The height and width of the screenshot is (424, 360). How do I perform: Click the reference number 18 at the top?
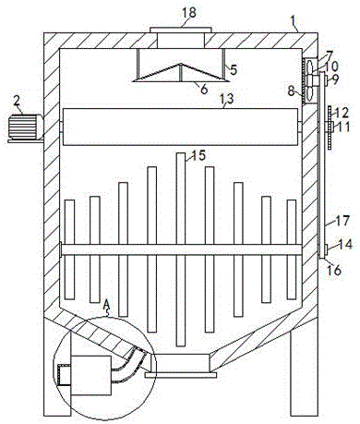189,13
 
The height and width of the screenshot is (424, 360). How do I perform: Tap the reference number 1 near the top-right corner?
294,20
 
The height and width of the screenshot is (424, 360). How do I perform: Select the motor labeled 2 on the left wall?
25,128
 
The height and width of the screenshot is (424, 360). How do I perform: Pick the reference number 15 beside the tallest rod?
198,155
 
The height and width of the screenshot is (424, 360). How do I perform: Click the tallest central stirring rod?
181,249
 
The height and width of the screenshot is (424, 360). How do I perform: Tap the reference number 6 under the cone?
204,90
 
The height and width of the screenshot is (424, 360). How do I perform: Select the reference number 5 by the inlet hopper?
234,70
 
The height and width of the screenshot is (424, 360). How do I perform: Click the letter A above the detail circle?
106,305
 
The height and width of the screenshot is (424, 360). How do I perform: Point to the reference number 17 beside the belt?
342,221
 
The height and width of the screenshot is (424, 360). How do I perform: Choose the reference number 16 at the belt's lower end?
334,271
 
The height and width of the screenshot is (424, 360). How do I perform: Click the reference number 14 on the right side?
344,245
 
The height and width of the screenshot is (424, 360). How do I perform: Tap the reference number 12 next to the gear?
342,113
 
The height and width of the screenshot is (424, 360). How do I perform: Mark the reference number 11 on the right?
342,127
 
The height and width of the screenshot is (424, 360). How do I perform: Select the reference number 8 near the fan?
292,91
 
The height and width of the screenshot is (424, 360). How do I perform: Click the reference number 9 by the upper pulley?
335,79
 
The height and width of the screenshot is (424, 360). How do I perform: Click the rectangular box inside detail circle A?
90,376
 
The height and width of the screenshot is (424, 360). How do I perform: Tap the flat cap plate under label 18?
181,30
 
